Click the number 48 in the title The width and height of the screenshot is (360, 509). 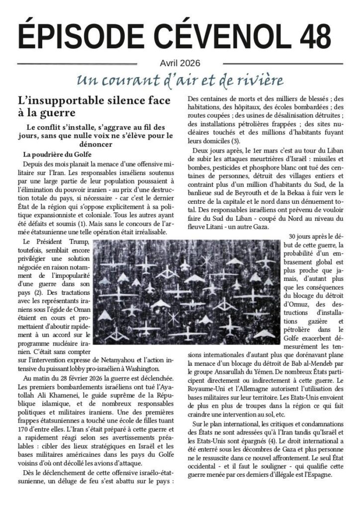314,36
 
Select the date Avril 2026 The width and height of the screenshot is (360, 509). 180,63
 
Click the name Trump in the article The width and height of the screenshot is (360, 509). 75,242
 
